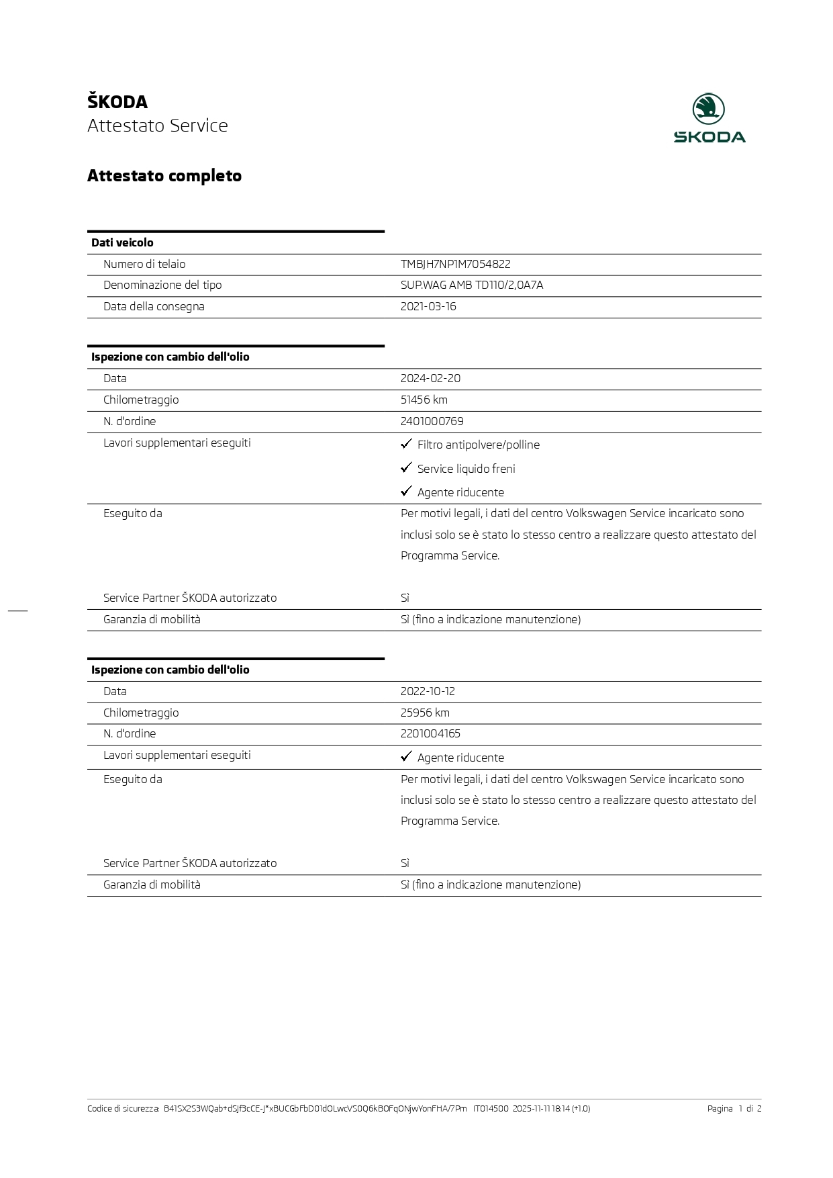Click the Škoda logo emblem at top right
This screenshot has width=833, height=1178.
[709, 109]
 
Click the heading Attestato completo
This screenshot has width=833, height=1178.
[164, 176]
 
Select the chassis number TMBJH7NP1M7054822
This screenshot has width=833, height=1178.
[455, 264]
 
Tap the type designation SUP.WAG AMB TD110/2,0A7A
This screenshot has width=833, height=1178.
[472, 285]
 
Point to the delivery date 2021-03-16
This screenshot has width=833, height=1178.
[428, 306]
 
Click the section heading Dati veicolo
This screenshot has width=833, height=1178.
[122, 242]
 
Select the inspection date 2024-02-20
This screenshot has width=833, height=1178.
[430, 378]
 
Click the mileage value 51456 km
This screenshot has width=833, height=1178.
[424, 400]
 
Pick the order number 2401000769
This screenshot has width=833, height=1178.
[432, 421]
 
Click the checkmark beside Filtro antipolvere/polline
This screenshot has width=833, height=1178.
[406, 444]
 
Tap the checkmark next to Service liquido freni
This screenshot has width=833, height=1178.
[406, 467]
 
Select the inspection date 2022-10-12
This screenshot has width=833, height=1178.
[428, 691]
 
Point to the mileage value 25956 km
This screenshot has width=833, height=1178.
[425, 713]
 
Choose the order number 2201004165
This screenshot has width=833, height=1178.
[430, 733]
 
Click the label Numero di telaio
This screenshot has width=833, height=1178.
[144, 264]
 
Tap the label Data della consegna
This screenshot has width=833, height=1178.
[154, 306]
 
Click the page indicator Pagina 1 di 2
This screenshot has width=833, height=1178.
[734, 1108]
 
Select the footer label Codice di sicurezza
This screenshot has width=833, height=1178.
[124, 1108]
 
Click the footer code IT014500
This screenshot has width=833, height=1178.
[491, 1108]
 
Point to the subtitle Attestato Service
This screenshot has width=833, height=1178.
[158, 126]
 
